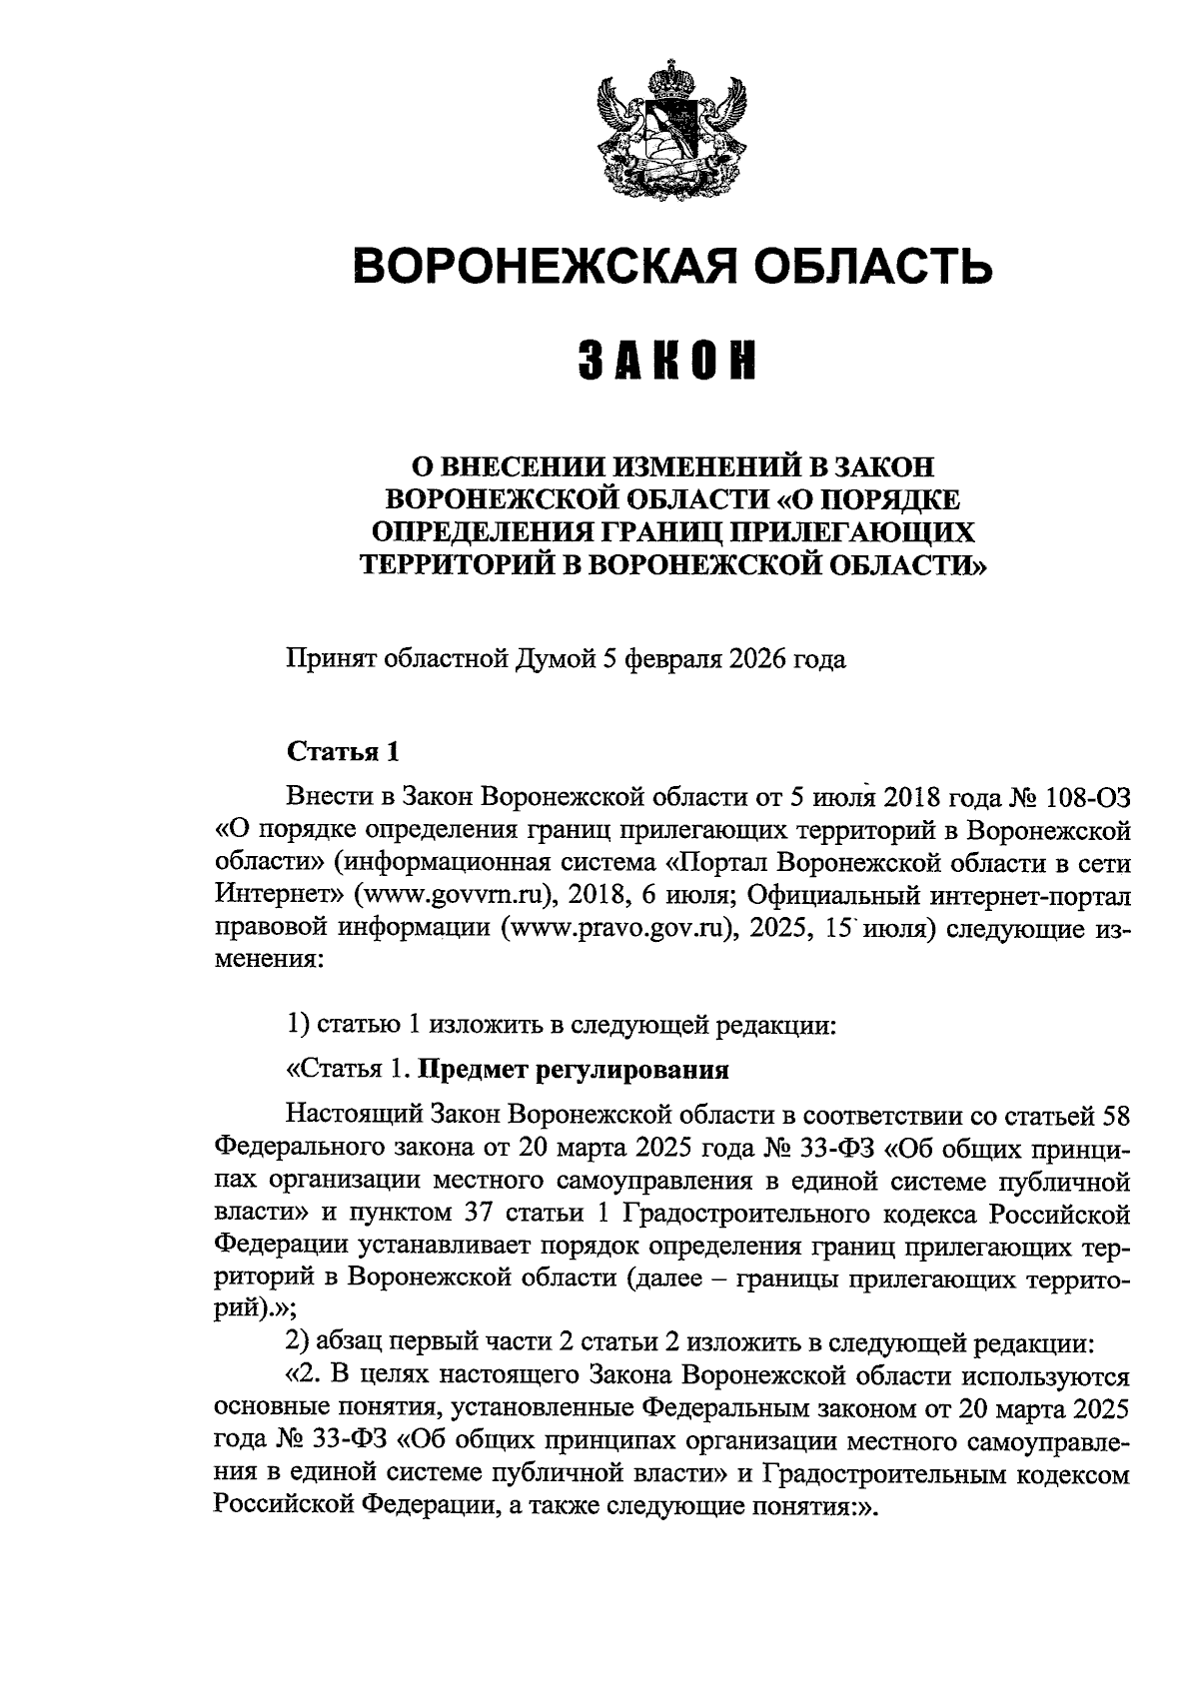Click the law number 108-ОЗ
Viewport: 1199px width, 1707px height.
pos(1087,796)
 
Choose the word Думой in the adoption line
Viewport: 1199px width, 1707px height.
pos(555,660)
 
